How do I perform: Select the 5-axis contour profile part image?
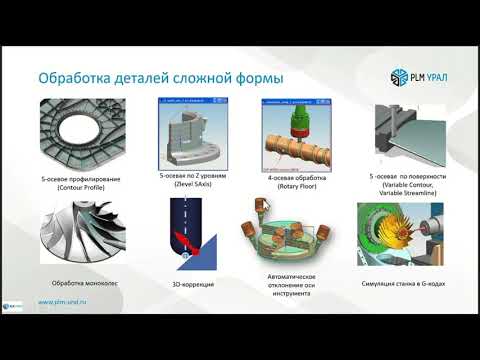(x=84, y=135)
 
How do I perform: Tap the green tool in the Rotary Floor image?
(x=297, y=117)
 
